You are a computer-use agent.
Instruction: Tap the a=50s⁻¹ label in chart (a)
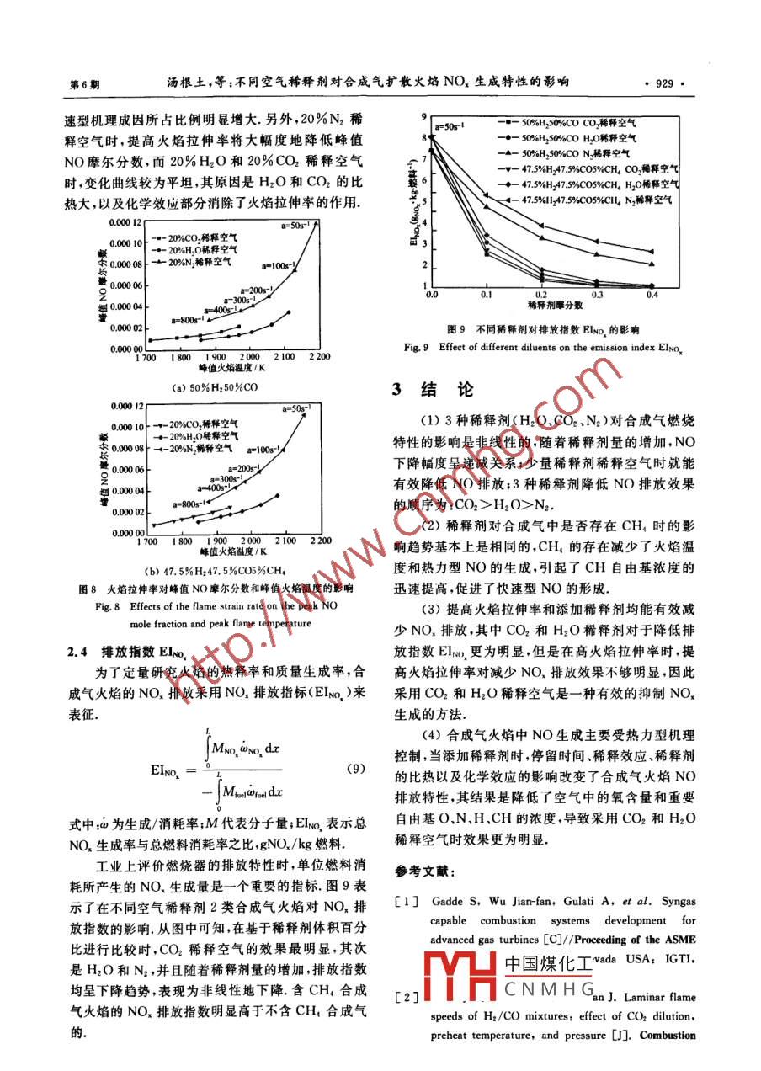click(x=298, y=225)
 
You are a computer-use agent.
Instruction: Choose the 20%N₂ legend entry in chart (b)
click(x=200, y=449)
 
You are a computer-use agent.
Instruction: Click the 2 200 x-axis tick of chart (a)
click(x=318, y=357)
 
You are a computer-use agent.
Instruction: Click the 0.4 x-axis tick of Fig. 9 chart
click(x=651, y=296)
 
